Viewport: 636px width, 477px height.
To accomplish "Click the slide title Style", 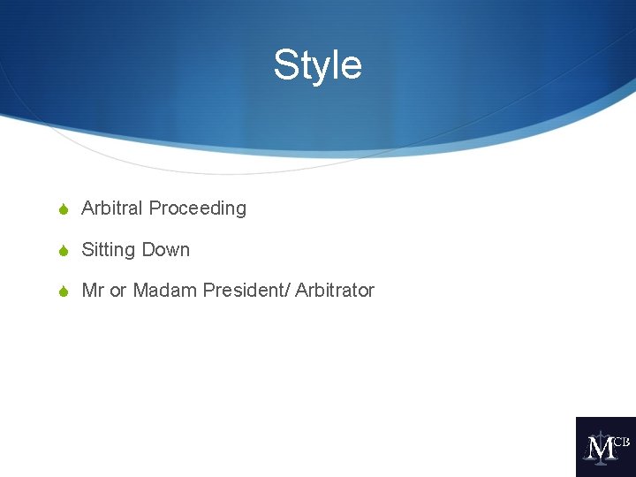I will [317, 65].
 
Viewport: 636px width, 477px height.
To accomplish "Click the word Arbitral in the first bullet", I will [112, 208].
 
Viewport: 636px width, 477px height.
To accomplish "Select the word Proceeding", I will [198, 208].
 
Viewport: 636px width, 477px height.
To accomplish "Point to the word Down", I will [166, 250].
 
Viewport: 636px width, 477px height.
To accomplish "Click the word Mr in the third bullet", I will [93, 291].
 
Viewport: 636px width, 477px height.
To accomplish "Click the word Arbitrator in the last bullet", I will [335, 291].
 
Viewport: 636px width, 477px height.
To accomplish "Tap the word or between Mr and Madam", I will [118, 291].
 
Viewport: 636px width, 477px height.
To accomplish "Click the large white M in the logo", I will [601, 448].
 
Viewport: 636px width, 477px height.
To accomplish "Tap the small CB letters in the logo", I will [621, 441].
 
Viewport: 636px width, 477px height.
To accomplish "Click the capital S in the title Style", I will [285, 65].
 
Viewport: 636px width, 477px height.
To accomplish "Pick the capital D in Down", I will [148, 250].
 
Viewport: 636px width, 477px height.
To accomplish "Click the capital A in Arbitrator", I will [301, 291].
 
